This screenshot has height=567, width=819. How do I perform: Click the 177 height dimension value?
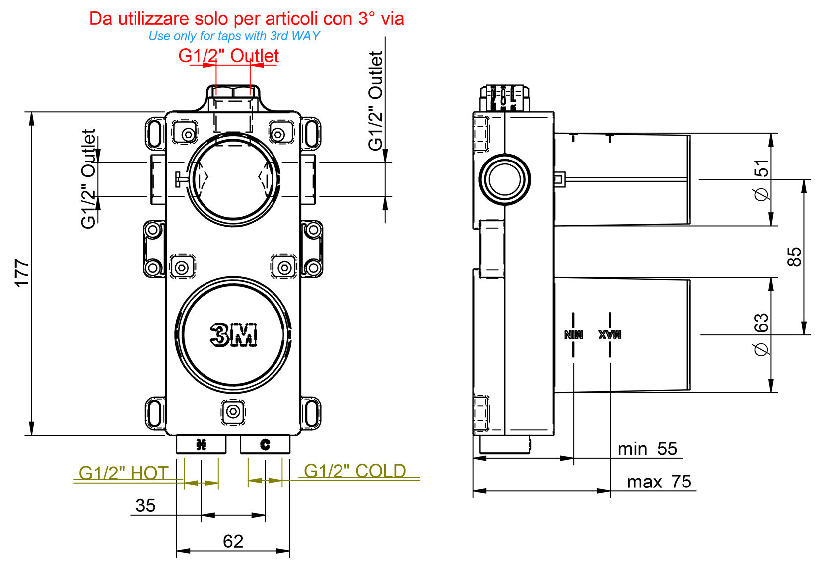coord(22,272)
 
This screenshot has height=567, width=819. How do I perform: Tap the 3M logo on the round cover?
coord(234,334)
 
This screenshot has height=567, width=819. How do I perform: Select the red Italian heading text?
coord(246,19)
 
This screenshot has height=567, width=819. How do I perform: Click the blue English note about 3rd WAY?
coord(234,36)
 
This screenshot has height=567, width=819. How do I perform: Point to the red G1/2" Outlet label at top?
coord(228,55)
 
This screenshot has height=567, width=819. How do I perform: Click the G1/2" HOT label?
coord(124,473)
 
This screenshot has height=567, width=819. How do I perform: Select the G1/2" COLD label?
coord(354,471)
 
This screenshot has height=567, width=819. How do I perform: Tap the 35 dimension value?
coord(145,506)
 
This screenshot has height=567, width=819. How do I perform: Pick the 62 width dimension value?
coord(233,541)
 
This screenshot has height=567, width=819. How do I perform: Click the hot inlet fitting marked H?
coord(201,444)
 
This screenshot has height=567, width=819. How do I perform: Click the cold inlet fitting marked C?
coord(265,444)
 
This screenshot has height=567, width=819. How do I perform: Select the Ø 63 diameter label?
coord(761,334)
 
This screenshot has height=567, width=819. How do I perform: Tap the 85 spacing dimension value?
coord(794,257)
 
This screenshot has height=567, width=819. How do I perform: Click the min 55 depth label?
coord(647,449)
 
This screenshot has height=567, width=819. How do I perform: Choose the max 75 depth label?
coord(659,482)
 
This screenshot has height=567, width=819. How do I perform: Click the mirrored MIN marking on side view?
coord(573,334)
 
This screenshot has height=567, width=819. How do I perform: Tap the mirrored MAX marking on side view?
coord(610,334)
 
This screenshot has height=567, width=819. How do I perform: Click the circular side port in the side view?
coord(505,179)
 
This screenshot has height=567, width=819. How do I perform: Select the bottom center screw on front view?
coord(233,412)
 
